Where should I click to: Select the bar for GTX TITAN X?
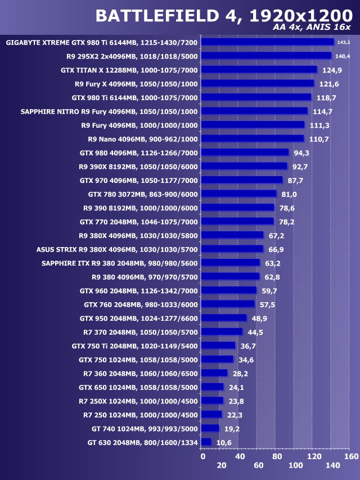click(259, 70)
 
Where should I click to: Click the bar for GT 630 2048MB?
click(206, 442)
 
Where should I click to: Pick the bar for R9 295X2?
click(266, 56)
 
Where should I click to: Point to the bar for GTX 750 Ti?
click(218, 346)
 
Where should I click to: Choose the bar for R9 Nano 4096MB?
click(252, 138)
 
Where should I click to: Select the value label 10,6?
click(224, 443)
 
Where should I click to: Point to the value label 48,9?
click(259, 318)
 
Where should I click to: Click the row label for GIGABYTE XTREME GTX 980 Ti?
click(101, 42)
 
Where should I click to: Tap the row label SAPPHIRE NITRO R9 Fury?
click(109, 111)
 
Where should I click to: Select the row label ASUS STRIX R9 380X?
click(117, 249)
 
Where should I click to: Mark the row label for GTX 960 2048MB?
click(138, 290)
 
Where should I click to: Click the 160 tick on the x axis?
click(350, 456)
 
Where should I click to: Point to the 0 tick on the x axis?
click(203, 456)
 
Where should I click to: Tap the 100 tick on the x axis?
click(295, 465)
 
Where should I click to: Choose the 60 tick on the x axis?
click(258, 465)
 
